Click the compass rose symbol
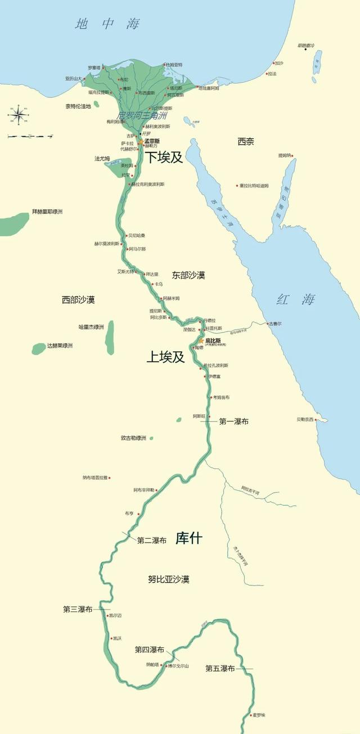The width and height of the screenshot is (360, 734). pos(17,115)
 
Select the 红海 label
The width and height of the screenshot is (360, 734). pos(295,299)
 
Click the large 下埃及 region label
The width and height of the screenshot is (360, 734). pos(165,157)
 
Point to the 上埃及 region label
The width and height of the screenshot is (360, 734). pos(165,357)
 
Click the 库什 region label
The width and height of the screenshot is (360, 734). pos(188,538)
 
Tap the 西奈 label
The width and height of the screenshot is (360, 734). pos(246,142)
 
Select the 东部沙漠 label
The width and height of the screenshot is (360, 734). pos(188,275)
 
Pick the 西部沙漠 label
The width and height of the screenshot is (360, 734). pos(78,300)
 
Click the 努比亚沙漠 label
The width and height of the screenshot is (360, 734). pos(169,579)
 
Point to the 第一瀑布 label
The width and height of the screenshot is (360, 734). pos(234,421)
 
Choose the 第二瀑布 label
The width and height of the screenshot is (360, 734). pos(152,540)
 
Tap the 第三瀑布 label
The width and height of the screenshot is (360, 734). pos(78,609)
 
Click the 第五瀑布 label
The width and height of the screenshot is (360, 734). pos(220,669)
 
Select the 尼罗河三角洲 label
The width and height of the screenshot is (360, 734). pos(142,115)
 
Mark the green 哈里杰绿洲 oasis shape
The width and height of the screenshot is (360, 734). pos(110,337)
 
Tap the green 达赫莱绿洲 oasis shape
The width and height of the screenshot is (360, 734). pos(39,348)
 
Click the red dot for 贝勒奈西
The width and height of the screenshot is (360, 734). pos(317,419)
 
